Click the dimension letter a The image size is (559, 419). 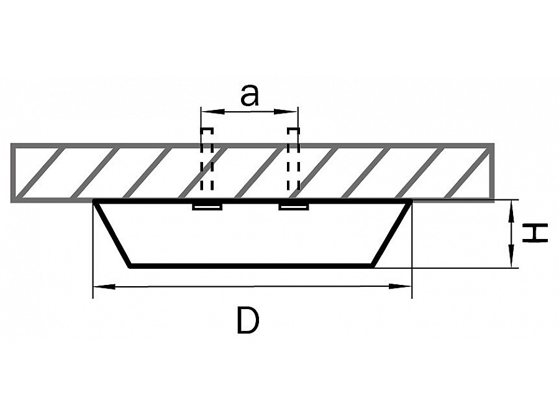(249, 96)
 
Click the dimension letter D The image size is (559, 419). (248, 321)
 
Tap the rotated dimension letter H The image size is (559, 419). (534, 233)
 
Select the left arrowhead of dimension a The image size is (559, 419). (213, 112)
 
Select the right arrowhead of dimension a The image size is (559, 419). (286, 112)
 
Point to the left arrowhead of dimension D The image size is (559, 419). (104, 286)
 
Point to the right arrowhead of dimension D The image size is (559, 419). (400, 286)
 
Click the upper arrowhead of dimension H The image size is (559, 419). (512, 212)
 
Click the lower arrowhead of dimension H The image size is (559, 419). (512, 255)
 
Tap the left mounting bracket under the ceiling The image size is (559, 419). (207, 207)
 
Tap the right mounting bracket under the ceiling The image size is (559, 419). (293, 207)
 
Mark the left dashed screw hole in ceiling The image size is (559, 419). (207, 159)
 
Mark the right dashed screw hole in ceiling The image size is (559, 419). (293, 159)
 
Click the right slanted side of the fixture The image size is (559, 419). (392, 233)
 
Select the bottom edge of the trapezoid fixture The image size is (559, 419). (251, 266)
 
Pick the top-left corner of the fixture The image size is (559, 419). (95, 201)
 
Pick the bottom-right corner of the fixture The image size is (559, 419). (373, 266)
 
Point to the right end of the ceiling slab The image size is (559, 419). (493, 173)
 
